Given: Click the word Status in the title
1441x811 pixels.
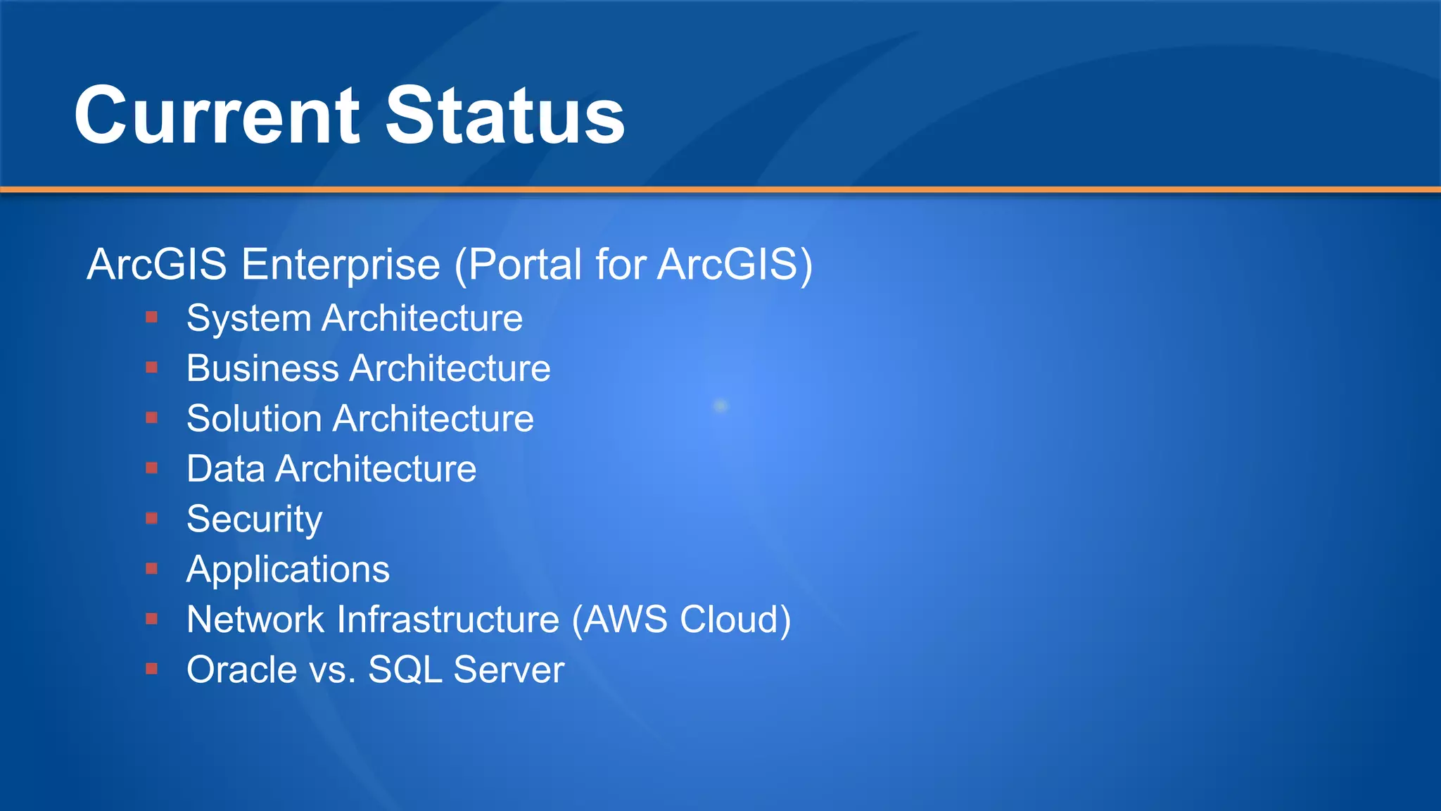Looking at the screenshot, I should coord(504,116).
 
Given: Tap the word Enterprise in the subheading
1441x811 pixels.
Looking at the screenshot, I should coord(341,265).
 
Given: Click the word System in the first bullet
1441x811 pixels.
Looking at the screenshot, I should coord(248,319).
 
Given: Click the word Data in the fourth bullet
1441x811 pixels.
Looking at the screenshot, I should coord(225,469).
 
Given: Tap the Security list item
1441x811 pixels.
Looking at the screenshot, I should coord(254,520).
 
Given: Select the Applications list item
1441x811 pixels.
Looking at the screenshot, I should coord(288,570).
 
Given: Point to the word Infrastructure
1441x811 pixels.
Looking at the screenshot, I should coord(448,620).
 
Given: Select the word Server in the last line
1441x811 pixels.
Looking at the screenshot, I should coord(509,669).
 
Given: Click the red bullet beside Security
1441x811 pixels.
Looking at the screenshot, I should coord(151,519).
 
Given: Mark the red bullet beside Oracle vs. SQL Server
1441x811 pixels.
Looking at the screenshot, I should coord(151,669).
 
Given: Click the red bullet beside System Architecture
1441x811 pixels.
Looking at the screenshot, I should coord(151,318).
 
